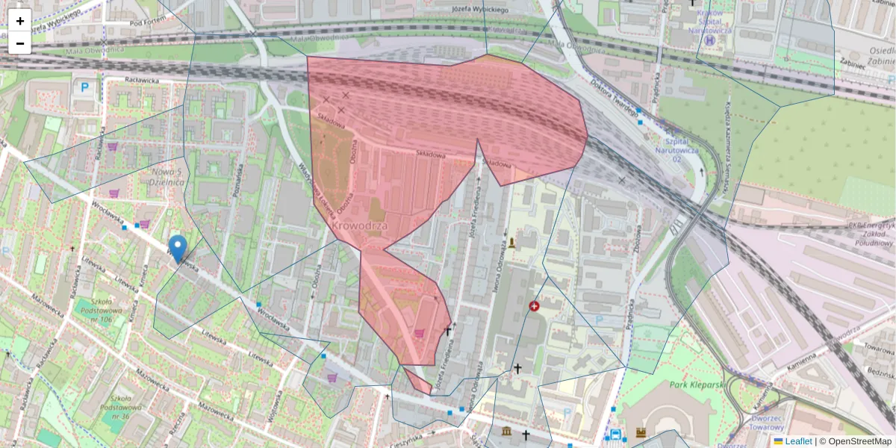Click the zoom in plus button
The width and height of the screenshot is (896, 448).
coord(20,21)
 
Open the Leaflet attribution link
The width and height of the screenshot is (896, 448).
coord(798,441)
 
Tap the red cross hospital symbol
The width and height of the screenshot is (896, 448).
coord(534,306)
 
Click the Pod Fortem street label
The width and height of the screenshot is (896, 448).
coord(146,22)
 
